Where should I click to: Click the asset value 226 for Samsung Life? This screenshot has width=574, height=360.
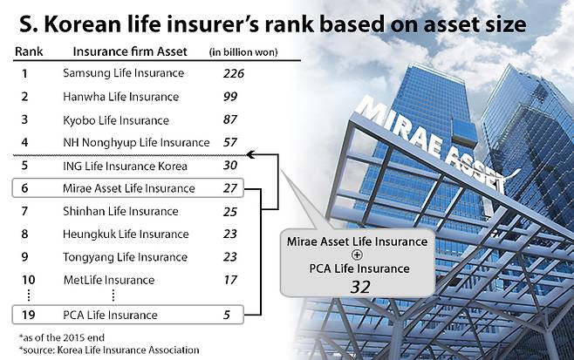pyautogui.click(x=233, y=74)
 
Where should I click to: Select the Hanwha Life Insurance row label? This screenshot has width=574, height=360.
pyautogui.click(x=120, y=97)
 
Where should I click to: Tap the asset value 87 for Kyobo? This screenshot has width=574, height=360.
pyautogui.click(x=232, y=119)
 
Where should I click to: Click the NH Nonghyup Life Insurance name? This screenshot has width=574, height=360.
pyautogui.click(x=136, y=142)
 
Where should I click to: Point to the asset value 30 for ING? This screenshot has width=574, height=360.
pyautogui.click(x=232, y=165)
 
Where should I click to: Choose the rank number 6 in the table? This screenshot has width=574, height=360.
pyautogui.click(x=24, y=188)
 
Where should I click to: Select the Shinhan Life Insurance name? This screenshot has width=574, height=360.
pyautogui.click(x=120, y=211)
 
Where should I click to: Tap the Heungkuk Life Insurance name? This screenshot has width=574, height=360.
pyautogui.click(x=126, y=234)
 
